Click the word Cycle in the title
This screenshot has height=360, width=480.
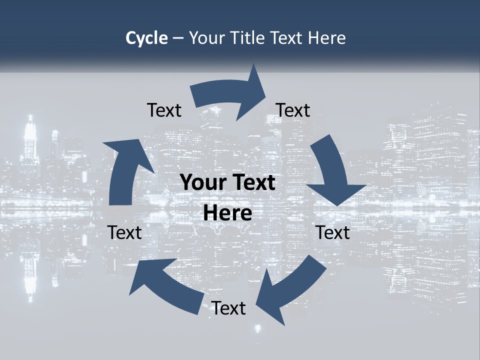pos(146,38)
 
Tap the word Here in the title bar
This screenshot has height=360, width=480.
pos(327,38)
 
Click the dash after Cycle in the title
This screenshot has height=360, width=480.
pos(178,38)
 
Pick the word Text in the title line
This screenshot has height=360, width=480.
pos(288,38)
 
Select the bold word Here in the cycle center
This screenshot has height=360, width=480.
pos(227,213)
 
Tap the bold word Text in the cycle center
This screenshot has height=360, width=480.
pos(252,182)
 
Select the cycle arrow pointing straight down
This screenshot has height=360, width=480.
pos(332,172)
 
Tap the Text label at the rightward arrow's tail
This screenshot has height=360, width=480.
pos(164,110)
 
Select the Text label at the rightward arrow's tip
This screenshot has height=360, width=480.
pos(293,110)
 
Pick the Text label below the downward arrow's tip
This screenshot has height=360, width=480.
pos(332,232)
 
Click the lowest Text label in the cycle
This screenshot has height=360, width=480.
pos(228,308)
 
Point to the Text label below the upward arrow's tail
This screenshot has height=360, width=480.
pos(124,232)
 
